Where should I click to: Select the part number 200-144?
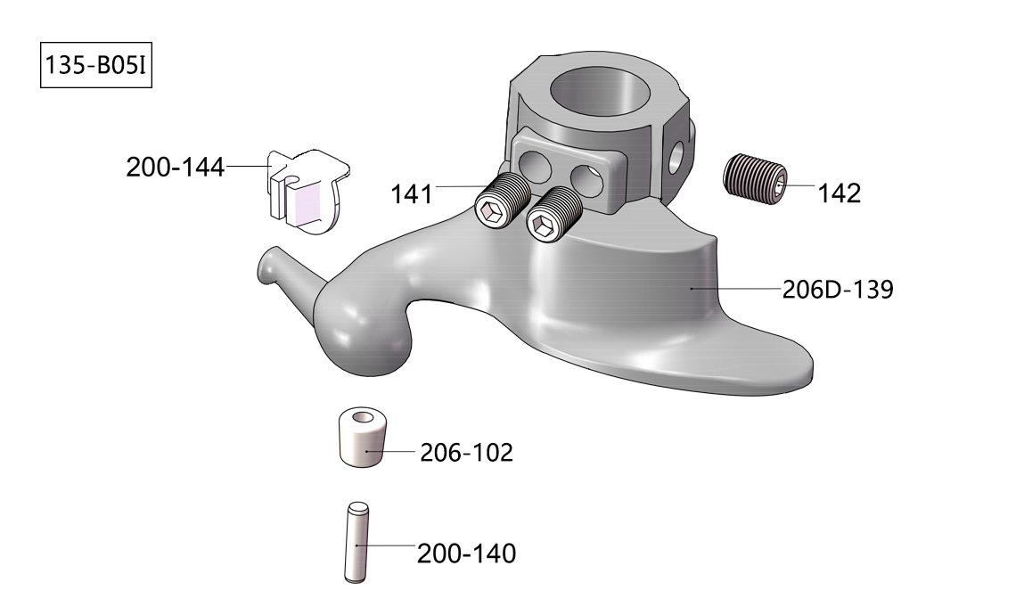pyautogui.click(x=175, y=167)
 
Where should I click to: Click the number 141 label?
pyautogui.click(x=411, y=193)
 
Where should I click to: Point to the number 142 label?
pyautogui.click(x=840, y=193)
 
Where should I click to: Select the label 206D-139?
pyautogui.click(x=837, y=290)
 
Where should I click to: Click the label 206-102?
pyautogui.click(x=466, y=453)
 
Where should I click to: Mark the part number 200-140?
pyautogui.click(x=466, y=553)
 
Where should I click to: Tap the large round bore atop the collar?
pyautogui.click(x=594, y=94)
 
